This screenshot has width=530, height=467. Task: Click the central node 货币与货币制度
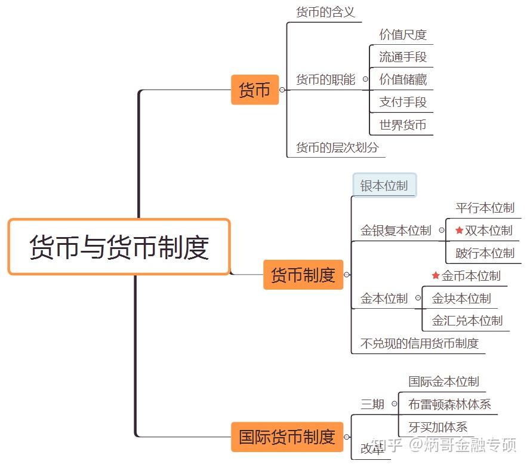click(119, 247)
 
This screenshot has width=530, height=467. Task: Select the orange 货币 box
click(255, 90)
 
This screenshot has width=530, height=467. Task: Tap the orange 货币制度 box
click(303, 275)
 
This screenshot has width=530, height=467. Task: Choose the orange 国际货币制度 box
click(287, 437)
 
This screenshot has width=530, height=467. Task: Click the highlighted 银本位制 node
click(384, 186)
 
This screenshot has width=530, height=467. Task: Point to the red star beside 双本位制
click(459, 231)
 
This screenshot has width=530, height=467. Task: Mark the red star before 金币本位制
click(436, 276)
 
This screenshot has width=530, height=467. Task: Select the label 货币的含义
click(325, 12)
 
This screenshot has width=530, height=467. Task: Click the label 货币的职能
click(325, 79)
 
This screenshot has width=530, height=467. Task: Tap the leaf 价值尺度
click(403, 35)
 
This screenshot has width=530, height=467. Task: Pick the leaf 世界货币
click(403, 125)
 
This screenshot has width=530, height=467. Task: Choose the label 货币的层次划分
click(337, 148)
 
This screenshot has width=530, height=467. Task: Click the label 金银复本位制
click(395, 231)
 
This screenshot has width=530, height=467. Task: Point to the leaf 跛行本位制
click(485, 253)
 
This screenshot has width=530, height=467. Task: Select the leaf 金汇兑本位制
click(467, 321)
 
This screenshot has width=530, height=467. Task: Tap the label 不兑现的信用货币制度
click(420, 343)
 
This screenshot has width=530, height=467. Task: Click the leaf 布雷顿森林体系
click(449, 404)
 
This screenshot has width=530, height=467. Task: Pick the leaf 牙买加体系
click(437, 427)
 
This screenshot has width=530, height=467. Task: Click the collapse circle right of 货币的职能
click(365, 79)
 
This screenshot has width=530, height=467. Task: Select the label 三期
click(372, 404)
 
